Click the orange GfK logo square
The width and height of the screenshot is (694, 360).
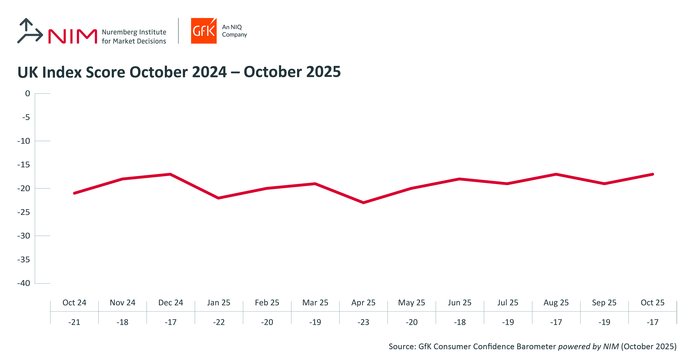[204, 31]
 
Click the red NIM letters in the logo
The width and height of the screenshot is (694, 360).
[73, 36]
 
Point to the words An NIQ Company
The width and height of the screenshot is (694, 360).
[234, 31]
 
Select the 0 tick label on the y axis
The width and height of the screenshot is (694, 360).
[27, 94]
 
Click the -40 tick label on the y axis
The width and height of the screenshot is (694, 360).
[24, 283]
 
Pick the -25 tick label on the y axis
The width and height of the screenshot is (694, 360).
[24, 212]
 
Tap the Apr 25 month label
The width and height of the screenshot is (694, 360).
[363, 303]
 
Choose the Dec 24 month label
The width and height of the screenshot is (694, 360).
[171, 303]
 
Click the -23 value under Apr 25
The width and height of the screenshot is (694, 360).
[363, 322]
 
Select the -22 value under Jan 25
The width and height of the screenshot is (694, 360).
[218, 322]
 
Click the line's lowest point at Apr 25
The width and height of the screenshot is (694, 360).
[363, 203]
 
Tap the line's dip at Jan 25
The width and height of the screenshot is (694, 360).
[218, 198]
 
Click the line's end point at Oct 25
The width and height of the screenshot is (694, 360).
[653, 174]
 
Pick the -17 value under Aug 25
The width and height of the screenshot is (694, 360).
[556, 322]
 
